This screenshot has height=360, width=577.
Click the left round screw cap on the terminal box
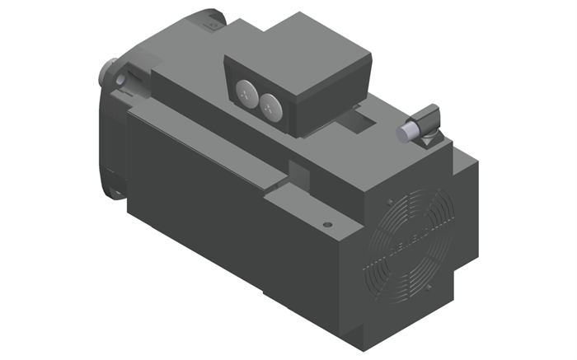pyautogui.click(x=246, y=93)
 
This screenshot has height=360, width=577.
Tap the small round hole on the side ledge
pyautogui.click(x=327, y=223)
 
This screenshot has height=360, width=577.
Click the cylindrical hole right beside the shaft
pyautogui.click(x=124, y=79)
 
